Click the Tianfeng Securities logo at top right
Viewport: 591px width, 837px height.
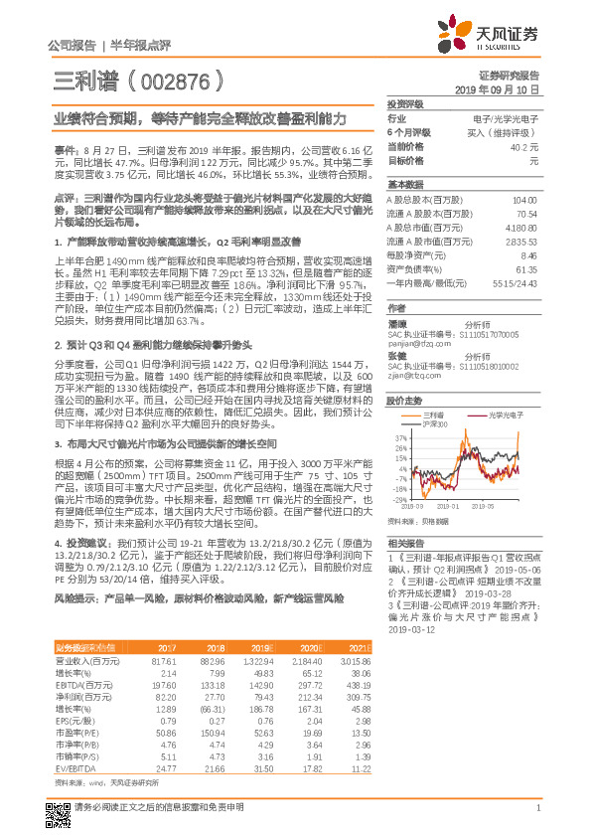pos(492,36)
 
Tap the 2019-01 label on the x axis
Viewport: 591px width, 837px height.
pos(467,507)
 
